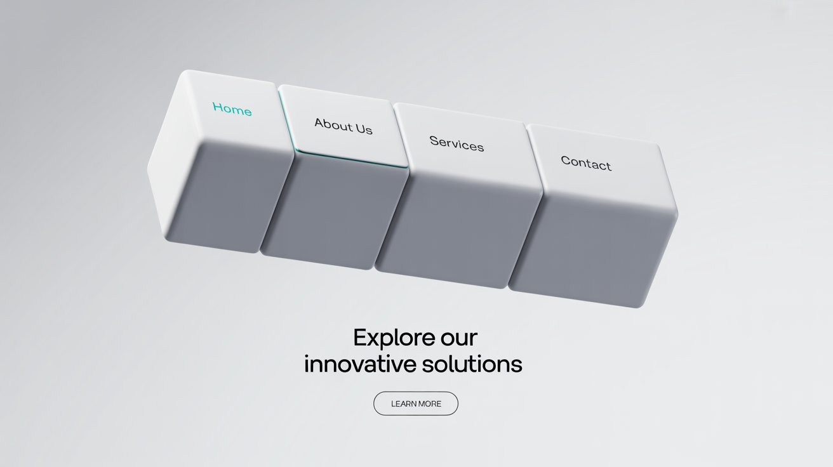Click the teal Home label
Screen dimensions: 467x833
232,109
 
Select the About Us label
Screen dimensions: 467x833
343,126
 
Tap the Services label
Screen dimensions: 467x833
456,143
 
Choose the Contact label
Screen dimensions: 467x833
586,163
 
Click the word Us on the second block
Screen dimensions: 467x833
364,129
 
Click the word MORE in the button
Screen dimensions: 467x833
430,404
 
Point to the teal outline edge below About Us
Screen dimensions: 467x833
352,159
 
